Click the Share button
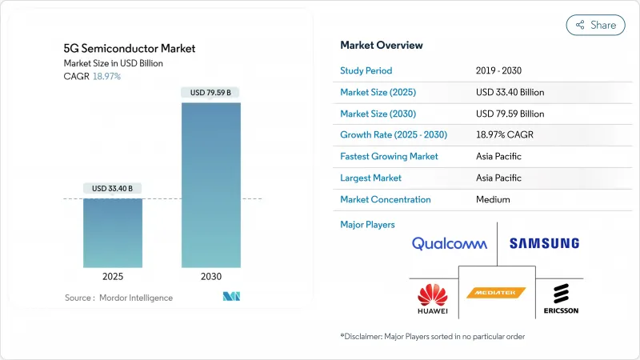point(595,25)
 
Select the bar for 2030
point(211,184)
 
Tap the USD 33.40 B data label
point(113,188)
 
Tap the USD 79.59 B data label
point(211,92)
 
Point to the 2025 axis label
point(113,276)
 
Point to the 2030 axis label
point(211,276)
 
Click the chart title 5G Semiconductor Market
point(129,48)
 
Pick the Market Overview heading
point(382,45)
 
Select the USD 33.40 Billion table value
point(511,92)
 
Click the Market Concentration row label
point(386,199)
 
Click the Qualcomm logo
point(449,243)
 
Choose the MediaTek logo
point(496,293)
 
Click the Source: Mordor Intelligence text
point(118,298)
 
